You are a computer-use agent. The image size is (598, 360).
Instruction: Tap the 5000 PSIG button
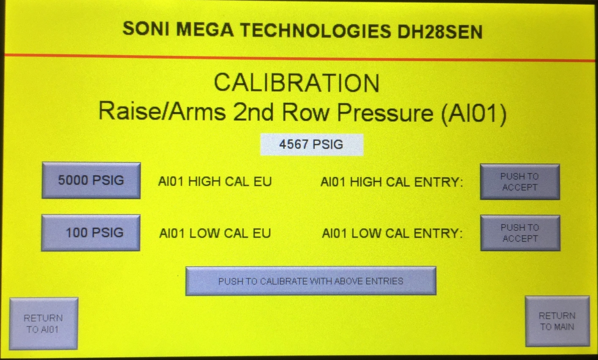pyautogui.click(x=91, y=180)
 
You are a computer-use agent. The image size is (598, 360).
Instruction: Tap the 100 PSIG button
pyautogui.click(x=91, y=233)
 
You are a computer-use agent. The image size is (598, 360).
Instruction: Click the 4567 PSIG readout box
pyautogui.click(x=312, y=144)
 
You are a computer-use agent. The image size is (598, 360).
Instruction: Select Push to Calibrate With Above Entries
pyautogui.click(x=311, y=281)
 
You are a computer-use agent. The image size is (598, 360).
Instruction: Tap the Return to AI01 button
pyautogui.click(x=43, y=324)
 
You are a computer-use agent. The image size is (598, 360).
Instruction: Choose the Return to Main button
pyautogui.click(x=557, y=321)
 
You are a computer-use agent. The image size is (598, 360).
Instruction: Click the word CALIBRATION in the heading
pyautogui.click(x=297, y=83)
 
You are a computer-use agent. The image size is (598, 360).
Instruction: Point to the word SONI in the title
pyautogui.click(x=146, y=28)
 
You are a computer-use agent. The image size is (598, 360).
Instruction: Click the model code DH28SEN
pyautogui.click(x=440, y=32)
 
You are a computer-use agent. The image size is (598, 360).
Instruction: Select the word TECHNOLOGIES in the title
pyautogui.click(x=316, y=30)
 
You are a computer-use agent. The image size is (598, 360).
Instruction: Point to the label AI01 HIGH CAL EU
pyautogui.click(x=215, y=182)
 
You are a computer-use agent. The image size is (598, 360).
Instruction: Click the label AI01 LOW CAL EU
pyautogui.click(x=215, y=233)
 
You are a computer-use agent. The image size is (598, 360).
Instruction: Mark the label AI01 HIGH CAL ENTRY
pyautogui.click(x=392, y=182)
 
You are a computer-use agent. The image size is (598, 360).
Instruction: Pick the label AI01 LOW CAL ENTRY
pyautogui.click(x=392, y=233)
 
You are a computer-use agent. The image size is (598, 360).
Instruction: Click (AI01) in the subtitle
pyautogui.click(x=474, y=113)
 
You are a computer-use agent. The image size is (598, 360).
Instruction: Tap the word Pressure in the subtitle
pyautogui.click(x=385, y=113)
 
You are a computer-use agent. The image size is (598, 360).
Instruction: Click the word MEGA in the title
pyautogui.click(x=205, y=29)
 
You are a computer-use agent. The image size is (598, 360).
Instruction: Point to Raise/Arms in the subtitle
pyautogui.click(x=162, y=111)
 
